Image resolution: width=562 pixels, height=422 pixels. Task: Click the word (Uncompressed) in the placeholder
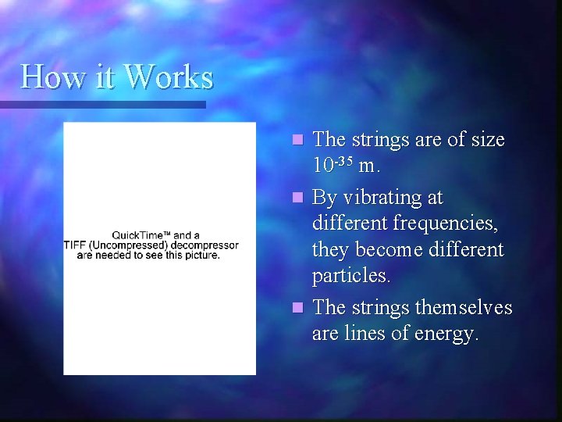(127, 245)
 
